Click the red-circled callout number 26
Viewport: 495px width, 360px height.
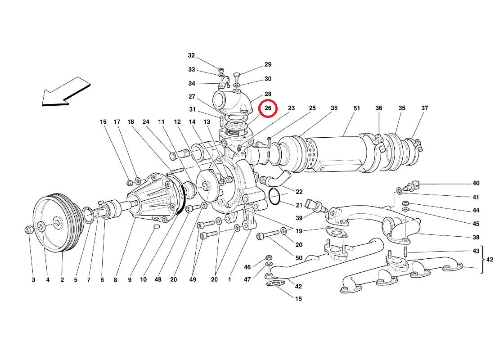pos(268,108)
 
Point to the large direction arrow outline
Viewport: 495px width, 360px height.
pos(65,92)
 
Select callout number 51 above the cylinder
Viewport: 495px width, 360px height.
pos(357,108)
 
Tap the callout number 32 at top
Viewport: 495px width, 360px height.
pos(191,56)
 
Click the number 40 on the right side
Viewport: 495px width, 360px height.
pos(476,184)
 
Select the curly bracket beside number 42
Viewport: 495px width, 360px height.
pos(484,260)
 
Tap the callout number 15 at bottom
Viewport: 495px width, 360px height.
pos(299,299)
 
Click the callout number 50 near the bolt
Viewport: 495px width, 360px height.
pos(299,258)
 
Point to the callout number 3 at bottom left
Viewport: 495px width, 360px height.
pos(33,280)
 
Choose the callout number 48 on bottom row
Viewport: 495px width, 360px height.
pos(158,280)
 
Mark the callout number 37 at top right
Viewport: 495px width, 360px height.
pos(425,108)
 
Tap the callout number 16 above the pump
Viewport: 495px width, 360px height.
pos(103,122)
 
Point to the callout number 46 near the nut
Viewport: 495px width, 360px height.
pos(247,267)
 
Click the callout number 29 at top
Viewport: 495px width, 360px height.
pos(268,65)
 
